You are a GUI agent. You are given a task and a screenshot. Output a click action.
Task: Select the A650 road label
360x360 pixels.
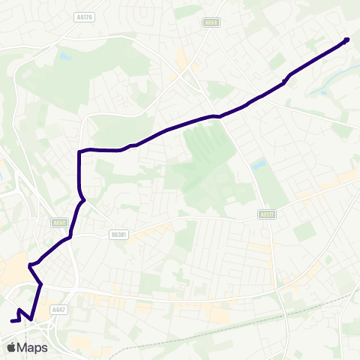click(x=59, y=223)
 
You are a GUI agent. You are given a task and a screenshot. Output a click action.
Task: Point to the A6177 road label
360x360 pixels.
click(x=265, y=214)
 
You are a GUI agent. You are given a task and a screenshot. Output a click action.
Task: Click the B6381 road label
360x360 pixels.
click(x=118, y=234)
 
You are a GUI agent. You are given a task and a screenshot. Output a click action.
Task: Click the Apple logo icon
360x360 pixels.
click(x=11, y=347)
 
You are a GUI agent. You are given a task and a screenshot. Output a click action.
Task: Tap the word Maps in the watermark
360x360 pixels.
click(x=34, y=347)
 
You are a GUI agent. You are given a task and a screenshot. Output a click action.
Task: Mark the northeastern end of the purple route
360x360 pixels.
click(x=346, y=40)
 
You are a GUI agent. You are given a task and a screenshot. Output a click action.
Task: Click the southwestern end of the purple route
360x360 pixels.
click(x=12, y=321)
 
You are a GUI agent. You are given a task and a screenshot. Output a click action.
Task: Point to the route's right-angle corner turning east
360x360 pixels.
click(x=79, y=152)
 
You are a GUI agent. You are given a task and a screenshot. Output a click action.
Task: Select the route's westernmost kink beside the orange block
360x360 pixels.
click(x=29, y=265)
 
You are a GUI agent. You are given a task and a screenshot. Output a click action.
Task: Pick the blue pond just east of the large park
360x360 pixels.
click(x=259, y=163)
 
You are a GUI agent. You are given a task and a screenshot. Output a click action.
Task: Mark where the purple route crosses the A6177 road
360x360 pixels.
click(x=218, y=116)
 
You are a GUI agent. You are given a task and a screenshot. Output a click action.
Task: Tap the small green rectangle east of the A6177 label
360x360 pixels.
click(x=304, y=231)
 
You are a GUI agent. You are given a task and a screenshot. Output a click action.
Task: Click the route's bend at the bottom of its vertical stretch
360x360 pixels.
click(x=82, y=200)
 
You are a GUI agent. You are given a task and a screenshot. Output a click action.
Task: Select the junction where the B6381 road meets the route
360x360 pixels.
click(x=70, y=238)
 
